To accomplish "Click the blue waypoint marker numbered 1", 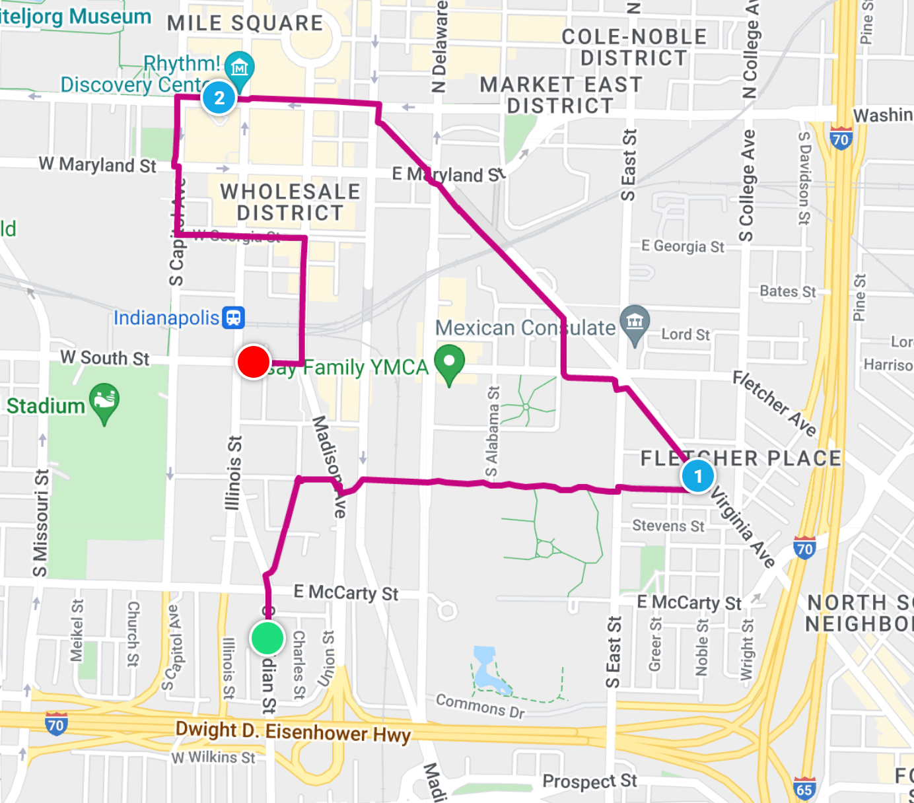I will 697,476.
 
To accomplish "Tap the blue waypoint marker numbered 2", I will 219,98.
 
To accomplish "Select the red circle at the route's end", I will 254,362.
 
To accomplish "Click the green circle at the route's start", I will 267,638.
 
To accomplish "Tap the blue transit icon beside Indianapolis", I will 234,318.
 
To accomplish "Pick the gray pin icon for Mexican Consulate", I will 635,324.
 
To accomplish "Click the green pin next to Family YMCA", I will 449,363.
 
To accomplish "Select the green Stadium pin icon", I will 104,402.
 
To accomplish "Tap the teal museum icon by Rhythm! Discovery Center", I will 239,69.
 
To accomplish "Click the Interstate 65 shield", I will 804,789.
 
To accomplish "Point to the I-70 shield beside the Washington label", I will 840,139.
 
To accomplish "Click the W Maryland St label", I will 98,164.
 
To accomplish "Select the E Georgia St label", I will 683,246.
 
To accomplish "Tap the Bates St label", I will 787,291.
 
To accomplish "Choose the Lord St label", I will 685,335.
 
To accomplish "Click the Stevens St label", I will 668,526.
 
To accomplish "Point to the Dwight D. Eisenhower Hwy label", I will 293,732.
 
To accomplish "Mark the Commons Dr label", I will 480,705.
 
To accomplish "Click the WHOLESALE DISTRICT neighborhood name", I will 291,202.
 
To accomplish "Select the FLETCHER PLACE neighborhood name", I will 741,458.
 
